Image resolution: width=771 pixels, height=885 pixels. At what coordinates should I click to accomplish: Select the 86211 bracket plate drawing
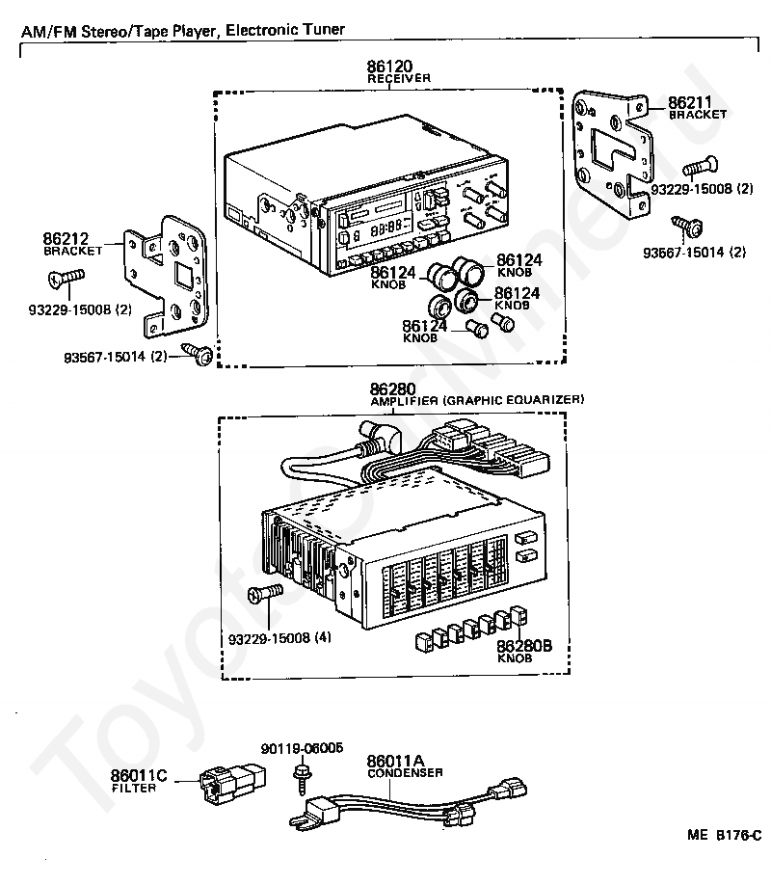(x=610, y=155)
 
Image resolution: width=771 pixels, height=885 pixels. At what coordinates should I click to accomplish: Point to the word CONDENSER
(x=404, y=773)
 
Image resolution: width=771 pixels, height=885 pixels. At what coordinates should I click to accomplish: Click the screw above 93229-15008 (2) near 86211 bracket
(x=695, y=171)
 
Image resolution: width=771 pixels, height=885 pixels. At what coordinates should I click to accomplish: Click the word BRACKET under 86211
(x=698, y=114)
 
